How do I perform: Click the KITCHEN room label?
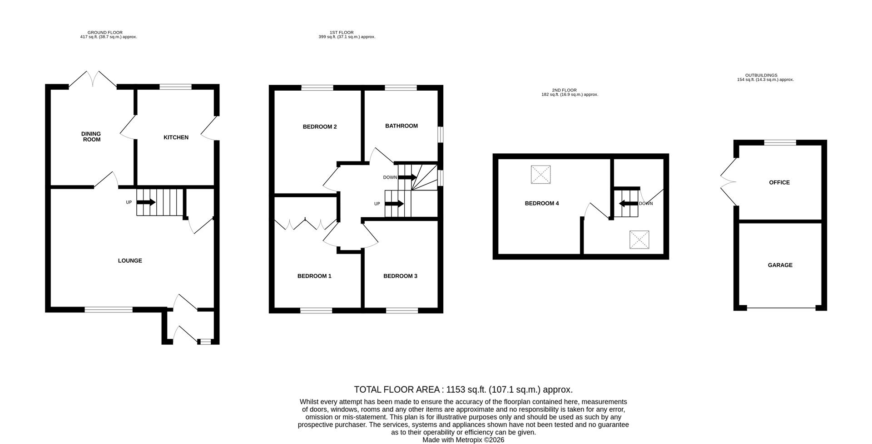[176, 137]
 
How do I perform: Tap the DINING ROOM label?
[91, 137]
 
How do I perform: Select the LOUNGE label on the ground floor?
[130, 261]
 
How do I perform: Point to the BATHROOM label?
[401, 126]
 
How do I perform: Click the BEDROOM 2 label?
[320, 127]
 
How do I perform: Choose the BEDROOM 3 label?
[400, 276]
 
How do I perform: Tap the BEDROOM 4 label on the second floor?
[542, 204]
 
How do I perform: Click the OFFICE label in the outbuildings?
[779, 183]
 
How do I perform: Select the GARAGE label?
[780, 265]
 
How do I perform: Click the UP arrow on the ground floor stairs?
[146, 202]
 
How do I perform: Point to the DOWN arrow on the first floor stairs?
[407, 177]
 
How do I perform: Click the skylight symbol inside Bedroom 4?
[540, 175]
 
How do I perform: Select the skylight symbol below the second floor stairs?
[639, 240]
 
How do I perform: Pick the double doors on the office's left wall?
[728, 182]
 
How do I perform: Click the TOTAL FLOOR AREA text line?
[463, 390]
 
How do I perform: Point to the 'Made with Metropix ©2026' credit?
[463, 440]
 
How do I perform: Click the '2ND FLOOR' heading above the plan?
[564, 90]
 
